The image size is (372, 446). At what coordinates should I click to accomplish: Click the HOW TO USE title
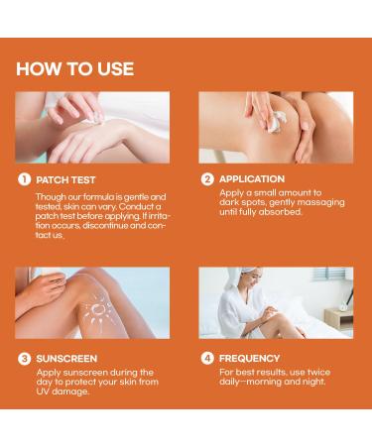(x=74, y=68)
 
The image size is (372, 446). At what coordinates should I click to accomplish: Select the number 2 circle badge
(x=206, y=179)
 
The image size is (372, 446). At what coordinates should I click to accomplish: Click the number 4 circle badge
(x=206, y=358)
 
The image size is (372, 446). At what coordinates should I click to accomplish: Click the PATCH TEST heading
(x=65, y=180)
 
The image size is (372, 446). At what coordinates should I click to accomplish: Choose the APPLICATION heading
(x=251, y=179)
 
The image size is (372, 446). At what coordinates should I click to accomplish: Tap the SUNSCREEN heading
(x=66, y=358)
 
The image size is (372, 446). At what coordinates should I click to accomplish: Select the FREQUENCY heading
(x=249, y=358)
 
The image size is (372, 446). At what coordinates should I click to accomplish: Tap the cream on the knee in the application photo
(x=275, y=120)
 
